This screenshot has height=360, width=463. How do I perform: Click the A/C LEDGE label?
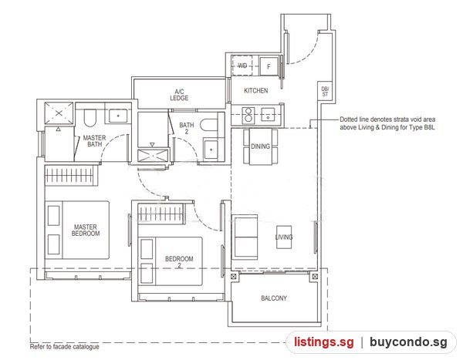tap(179, 95)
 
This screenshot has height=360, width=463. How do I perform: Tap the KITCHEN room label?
tap(255, 91)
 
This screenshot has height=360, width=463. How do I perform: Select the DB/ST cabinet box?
tap(325, 92)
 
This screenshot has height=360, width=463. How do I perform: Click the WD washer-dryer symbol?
tap(242, 66)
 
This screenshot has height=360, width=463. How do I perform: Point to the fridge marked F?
tap(269, 66)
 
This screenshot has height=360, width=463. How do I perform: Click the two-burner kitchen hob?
tap(248, 115)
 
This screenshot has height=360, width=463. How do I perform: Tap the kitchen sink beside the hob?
tap(268, 115)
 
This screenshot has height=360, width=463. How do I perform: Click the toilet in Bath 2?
tap(209, 125)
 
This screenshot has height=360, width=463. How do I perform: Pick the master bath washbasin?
tap(118, 116)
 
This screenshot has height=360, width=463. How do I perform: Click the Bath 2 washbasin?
tap(211, 150)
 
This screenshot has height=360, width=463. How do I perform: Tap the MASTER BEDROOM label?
tap(86, 230)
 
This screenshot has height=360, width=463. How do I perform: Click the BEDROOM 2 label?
tap(179, 262)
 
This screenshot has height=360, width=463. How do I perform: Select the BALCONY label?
tap(274, 298)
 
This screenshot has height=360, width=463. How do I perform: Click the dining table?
tap(261, 146)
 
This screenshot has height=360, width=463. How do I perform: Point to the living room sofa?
tap(245, 237)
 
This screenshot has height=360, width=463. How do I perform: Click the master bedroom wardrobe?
tap(71, 175)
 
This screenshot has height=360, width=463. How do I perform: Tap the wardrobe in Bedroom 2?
tap(161, 213)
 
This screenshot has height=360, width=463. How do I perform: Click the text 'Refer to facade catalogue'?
tap(64, 347)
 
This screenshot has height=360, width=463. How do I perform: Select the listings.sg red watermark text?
tap(323, 342)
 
